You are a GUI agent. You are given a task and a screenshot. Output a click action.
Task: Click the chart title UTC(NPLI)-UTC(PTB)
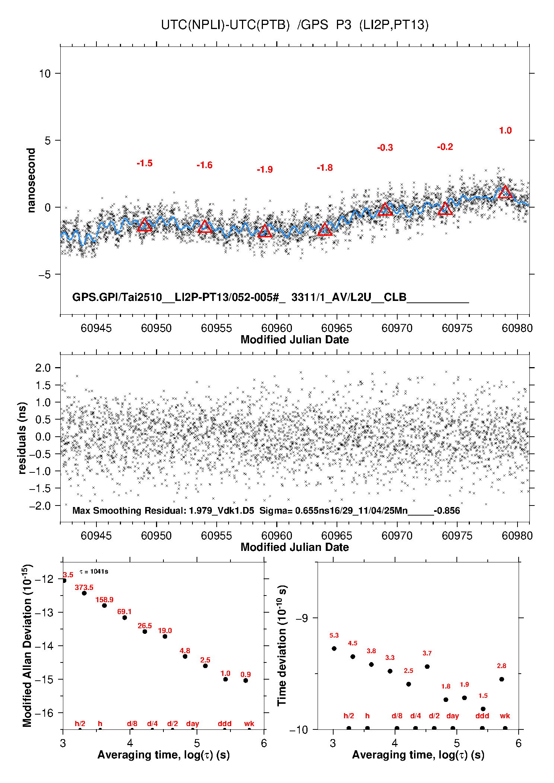[225, 25]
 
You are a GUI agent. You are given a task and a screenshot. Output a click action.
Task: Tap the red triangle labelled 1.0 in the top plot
[505, 192]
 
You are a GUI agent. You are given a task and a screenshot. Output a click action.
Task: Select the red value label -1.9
[265, 170]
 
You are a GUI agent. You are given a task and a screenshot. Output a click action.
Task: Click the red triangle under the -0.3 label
[385, 210]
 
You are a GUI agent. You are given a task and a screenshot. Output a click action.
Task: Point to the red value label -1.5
[144, 163]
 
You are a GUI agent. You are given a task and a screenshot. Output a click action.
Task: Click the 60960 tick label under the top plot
[277, 328]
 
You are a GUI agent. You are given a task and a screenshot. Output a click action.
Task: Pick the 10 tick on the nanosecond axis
[45, 74]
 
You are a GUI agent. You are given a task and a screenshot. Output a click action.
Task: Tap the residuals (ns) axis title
[22, 438]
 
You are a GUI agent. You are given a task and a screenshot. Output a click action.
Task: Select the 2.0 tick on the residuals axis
[43, 368]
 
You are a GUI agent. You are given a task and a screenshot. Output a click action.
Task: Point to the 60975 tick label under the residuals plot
[457, 536]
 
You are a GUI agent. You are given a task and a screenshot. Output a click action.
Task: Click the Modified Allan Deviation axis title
[27, 645]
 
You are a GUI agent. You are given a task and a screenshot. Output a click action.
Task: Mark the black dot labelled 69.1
[125, 617]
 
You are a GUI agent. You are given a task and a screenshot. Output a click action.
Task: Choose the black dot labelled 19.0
[165, 636]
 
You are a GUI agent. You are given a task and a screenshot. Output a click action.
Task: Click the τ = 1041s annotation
[94, 571]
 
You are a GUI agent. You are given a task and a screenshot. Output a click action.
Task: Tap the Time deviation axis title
[282, 645]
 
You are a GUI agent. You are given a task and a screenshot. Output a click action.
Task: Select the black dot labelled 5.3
[334, 648]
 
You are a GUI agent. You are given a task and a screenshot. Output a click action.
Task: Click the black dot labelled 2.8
[502, 679]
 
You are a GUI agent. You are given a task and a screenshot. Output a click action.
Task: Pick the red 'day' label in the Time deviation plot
[452, 716]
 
